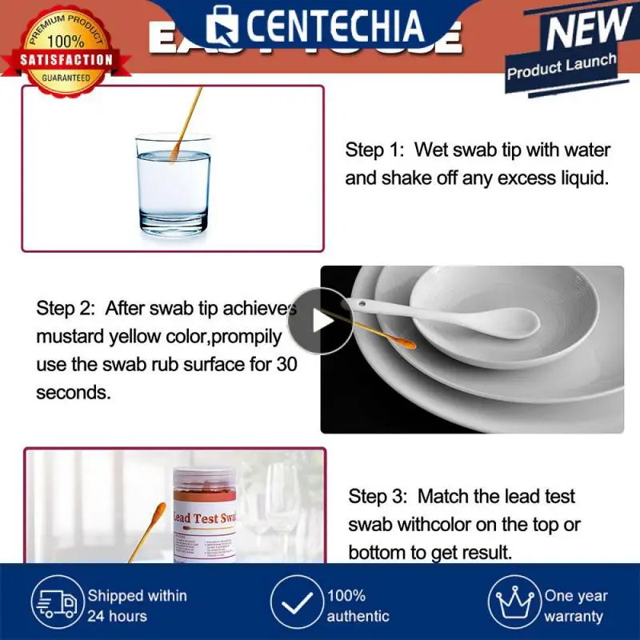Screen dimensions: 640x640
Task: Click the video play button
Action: [321, 321]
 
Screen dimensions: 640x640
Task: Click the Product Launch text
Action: [562, 66]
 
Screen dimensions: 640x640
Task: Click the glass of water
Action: [173, 184]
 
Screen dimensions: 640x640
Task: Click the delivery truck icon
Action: [55, 605]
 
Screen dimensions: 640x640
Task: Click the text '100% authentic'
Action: [358, 606]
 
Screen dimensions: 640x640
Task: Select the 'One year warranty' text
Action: [576, 606]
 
